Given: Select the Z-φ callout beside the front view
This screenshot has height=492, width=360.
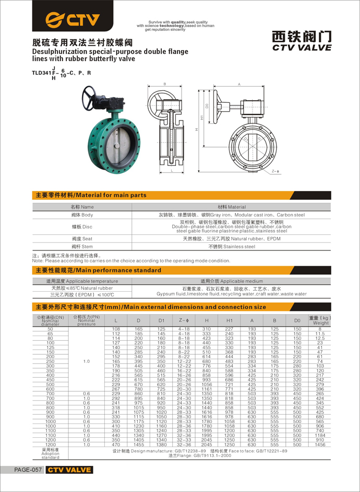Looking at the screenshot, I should click(276, 171).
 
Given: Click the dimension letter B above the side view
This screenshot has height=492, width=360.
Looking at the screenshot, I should click(165, 84).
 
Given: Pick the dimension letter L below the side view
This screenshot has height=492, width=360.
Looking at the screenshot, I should click(172, 171).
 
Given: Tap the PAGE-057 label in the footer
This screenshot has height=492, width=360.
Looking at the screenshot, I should click(28, 470).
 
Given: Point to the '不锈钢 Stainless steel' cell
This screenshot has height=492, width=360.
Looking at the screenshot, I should click(232, 246).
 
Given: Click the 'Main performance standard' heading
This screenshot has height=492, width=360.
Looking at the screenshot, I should click(98, 270).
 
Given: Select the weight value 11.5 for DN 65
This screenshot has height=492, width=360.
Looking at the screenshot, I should click(320, 333).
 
